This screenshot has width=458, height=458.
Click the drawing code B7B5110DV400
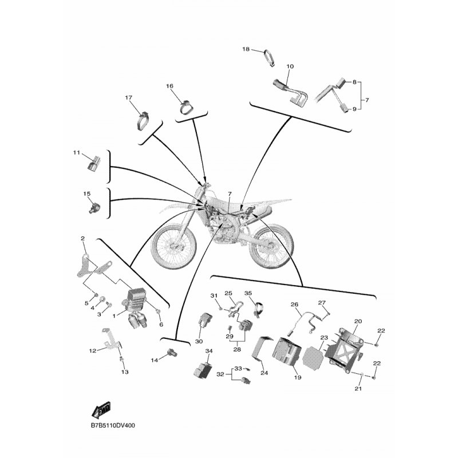coord(113,425)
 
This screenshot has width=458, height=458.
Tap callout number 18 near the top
coord(246,49)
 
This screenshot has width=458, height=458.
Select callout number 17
coord(128,97)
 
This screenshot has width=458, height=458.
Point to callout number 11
coord(76,152)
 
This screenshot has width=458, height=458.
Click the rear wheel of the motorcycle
coord(270,246)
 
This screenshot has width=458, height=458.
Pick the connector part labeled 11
coord(93,163)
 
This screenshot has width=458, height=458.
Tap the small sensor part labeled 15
coord(94,207)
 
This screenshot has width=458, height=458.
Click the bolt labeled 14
coord(172,353)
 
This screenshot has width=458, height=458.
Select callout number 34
coord(209,351)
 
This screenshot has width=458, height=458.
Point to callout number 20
coord(358,321)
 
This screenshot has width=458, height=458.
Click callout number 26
coord(294,305)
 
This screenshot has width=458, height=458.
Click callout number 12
coord(93,350)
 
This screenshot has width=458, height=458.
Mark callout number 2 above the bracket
coord(82,239)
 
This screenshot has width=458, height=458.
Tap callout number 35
coord(248,293)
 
